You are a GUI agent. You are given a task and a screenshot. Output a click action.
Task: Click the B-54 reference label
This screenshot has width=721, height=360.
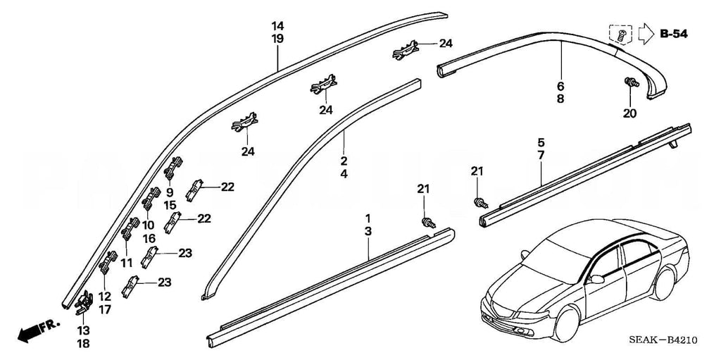tap(674, 34)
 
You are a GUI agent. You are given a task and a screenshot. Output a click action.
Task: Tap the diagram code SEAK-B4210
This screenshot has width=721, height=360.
tap(664, 340)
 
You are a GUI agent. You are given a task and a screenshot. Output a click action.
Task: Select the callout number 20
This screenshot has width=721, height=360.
tap(629, 113)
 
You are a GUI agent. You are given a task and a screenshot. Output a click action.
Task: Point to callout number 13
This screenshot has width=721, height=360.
tap(83, 330)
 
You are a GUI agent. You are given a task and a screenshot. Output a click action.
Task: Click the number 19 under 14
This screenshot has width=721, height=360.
tap(278, 39)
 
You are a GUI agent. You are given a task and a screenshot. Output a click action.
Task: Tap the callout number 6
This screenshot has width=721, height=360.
tap(560, 87)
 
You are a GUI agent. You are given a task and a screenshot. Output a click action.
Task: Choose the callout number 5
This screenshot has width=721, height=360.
tap(541, 142)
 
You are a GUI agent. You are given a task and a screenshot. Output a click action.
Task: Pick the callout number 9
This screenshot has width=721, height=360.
tap(170, 192)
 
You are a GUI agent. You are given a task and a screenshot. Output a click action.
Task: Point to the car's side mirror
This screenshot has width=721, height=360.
tap(598, 279)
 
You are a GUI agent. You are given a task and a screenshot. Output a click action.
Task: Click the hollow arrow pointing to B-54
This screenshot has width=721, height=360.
tap(646, 33)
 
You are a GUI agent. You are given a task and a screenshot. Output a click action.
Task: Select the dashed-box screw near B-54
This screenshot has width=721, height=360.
tap(620, 33)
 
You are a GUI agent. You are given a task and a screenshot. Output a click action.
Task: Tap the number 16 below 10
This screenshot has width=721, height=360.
tap(149, 238)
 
